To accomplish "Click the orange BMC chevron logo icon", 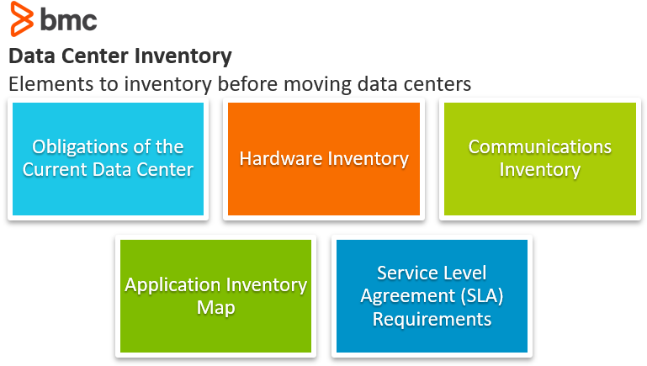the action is [22, 19].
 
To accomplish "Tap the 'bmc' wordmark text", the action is [68, 19].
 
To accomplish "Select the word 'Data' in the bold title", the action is [32, 56].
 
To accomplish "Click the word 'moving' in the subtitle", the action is [317, 85].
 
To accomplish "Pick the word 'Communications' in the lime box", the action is [539, 147].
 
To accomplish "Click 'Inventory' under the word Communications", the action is [539, 171].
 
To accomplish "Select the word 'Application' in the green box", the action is [172, 285].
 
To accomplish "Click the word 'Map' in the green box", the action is [215, 308].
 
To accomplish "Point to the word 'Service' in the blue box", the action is [403, 273].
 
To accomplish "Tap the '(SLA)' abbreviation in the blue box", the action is [482, 296].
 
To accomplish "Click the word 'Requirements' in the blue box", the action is [432, 320].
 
